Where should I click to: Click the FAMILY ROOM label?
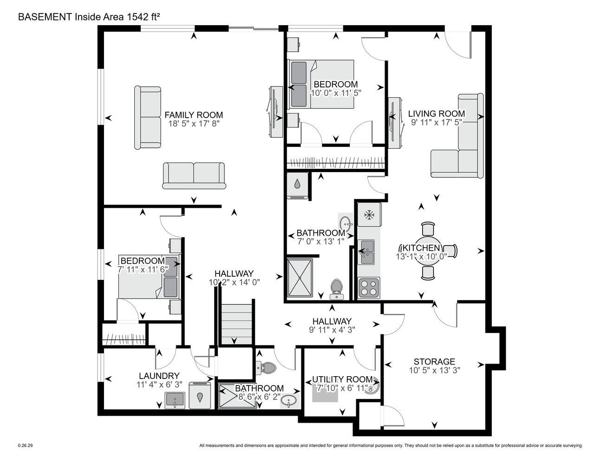tap(193, 115)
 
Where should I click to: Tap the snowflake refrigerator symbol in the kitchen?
tap(369, 215)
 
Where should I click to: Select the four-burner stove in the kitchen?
tap(369, 288)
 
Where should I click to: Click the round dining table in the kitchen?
tap(428, 251)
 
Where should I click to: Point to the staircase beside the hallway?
tap(237, 324)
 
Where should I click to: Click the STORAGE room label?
tap(434, 361)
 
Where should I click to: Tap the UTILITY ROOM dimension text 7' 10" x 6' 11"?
tap(342, 388)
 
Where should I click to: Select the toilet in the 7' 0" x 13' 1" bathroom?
tap(337, 290)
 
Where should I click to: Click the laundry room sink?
tap(175, 400)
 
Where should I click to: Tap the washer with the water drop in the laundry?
tap(200, 396)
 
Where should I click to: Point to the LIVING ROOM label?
tap(437, 113)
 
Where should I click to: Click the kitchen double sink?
tap(366, 252)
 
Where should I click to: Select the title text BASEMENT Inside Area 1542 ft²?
tap(89, 17)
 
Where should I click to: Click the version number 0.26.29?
tap(25, 445)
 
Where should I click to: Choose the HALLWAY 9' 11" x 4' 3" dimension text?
tap(332, 330)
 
